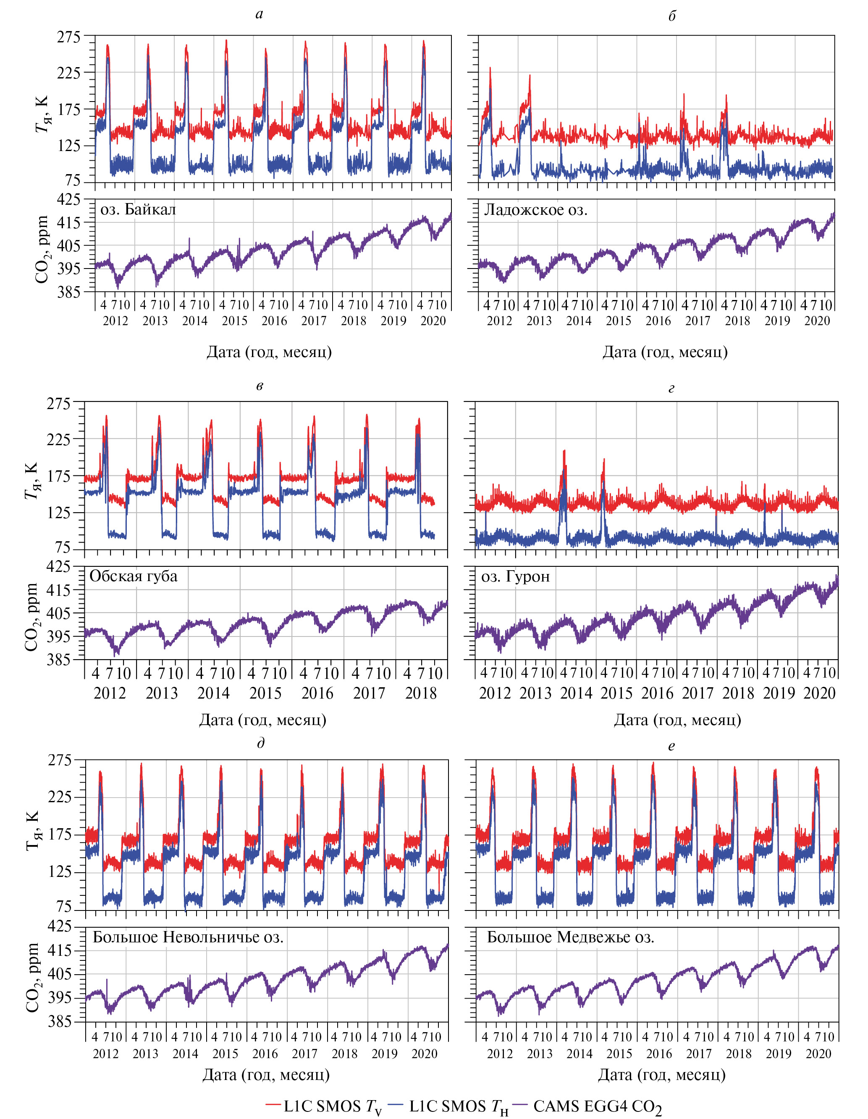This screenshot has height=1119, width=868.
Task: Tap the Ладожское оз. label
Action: pos(536,209)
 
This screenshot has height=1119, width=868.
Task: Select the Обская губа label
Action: pos(133,576)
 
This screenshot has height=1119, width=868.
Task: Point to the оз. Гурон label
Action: pos(515,577)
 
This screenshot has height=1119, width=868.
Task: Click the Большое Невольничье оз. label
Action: pos(188,937)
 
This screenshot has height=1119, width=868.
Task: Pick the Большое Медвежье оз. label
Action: pos(570,937)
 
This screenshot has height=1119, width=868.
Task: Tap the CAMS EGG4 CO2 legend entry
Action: pos(590,1106)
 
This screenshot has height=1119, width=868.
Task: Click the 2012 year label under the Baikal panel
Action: pos(115,321)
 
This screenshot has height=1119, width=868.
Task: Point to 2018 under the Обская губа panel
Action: pos(421,693)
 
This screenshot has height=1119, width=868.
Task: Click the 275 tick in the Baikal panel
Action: pos(69,37)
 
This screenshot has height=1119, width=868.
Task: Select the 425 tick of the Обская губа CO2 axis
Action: pos(59,567)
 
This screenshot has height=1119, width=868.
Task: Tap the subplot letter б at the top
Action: pos(671,16)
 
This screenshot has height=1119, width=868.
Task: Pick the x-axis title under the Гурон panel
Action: pos(677,720)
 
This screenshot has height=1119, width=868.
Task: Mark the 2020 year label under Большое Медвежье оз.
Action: pos(818,1054)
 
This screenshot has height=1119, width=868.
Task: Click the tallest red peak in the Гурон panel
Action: pos(564,451)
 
